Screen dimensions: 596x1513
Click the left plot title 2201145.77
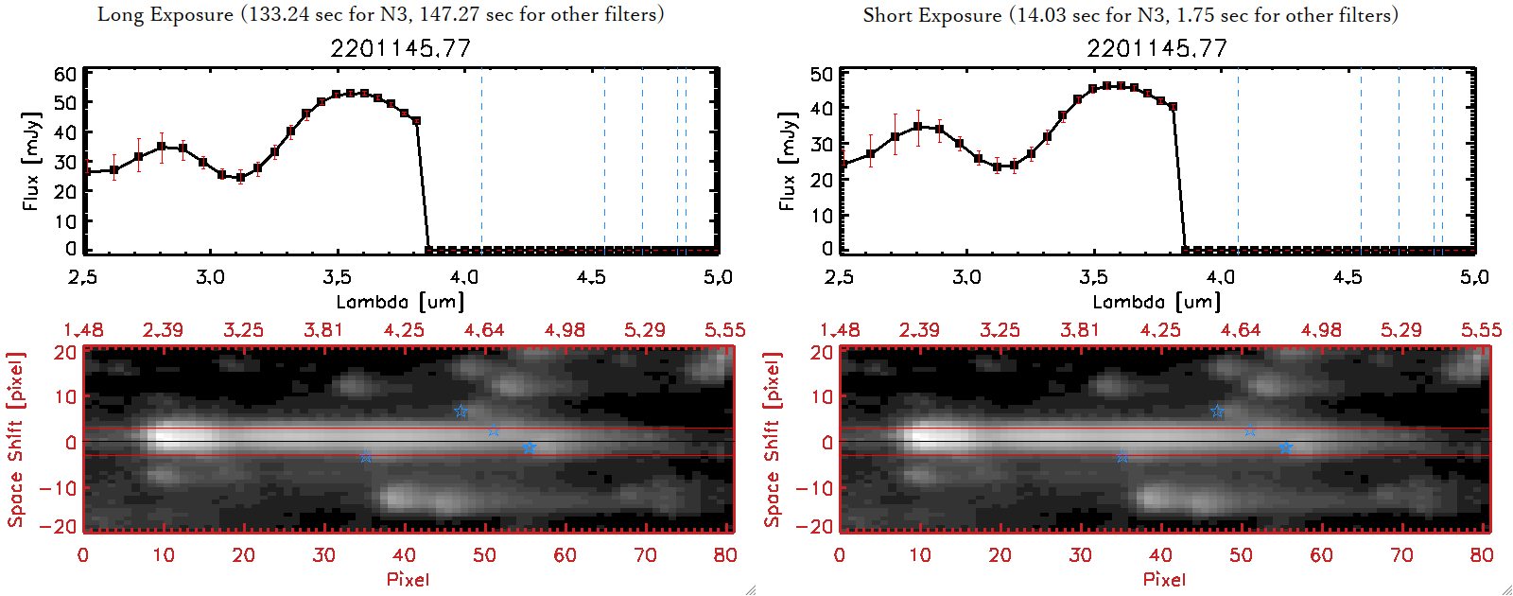(x=400, y=48)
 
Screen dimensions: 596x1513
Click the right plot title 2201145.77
(x=1156, y=48)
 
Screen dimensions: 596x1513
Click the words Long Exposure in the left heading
(x=165, y=14)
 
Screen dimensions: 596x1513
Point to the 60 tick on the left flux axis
(x=65, y=74)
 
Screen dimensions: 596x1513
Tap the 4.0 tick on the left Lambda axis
(x=463, y=277)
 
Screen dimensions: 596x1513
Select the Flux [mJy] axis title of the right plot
(x=787, y=161)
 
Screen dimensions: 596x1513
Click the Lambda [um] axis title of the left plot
(x=400, y=302)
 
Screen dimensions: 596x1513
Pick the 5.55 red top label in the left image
(x=724, y=330)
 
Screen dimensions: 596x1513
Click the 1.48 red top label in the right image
(x=840, y=330)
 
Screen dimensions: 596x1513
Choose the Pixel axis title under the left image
(x=408, y=579)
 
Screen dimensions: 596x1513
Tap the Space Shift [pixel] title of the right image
(x=773, y=440)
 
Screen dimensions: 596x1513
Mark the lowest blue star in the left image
(x=366, y=457)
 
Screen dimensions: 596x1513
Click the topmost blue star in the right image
(x=1217, y=411)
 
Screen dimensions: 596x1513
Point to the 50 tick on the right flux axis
(x=822, y=74)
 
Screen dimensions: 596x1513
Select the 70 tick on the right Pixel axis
(x=1401, y=555)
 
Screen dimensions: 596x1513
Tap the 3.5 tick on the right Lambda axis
(x=1093, y=277)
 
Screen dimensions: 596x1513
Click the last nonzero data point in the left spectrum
(x=416, y=121)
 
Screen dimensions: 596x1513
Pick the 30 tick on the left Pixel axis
(x=324, y=555)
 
